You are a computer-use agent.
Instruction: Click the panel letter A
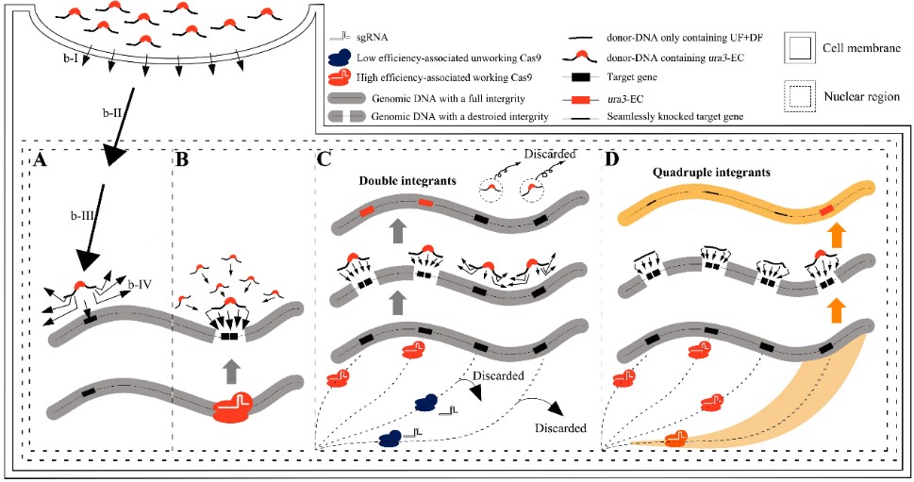click(41, 160)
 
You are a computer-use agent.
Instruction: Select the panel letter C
click(324, 160)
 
